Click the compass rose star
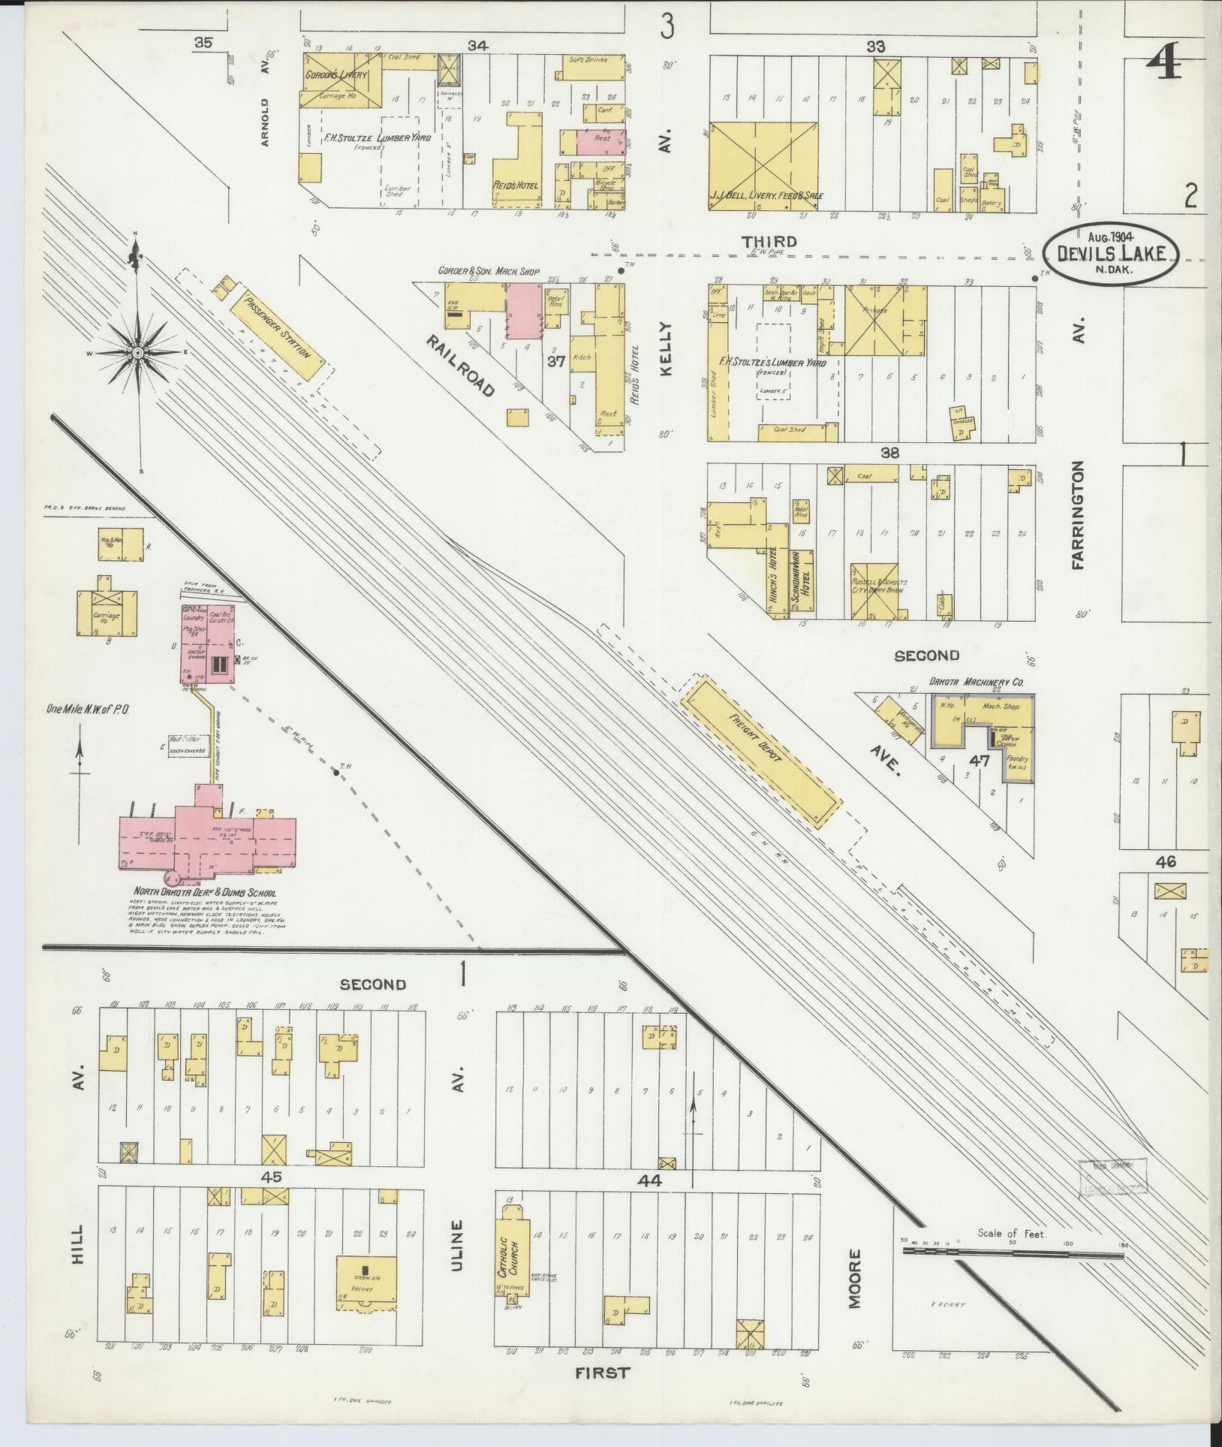(x=137, y=352)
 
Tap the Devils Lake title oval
(x=1111, y=252)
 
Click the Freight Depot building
(x=760, y=752)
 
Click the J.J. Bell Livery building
(x=763, y=164)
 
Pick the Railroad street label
(x=462, y=367)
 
